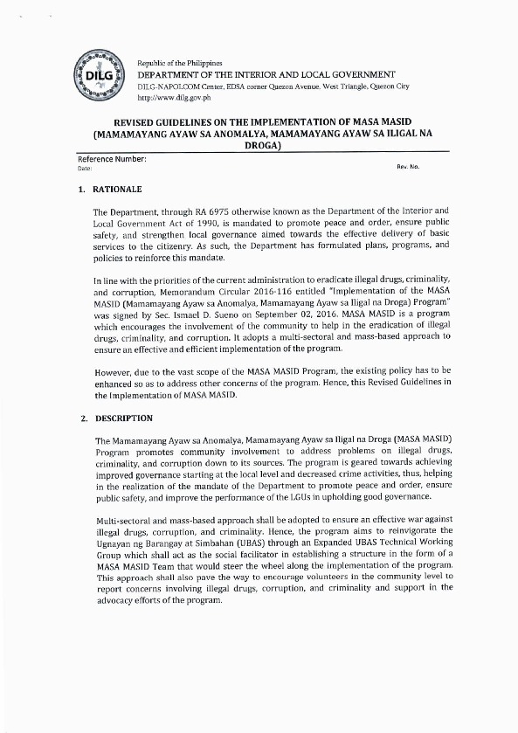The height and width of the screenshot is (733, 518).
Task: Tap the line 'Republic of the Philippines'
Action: (180, 65)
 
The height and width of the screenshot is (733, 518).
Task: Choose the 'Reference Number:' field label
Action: (112, 159)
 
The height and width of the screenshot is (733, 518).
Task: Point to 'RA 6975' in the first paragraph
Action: (220, 212)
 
